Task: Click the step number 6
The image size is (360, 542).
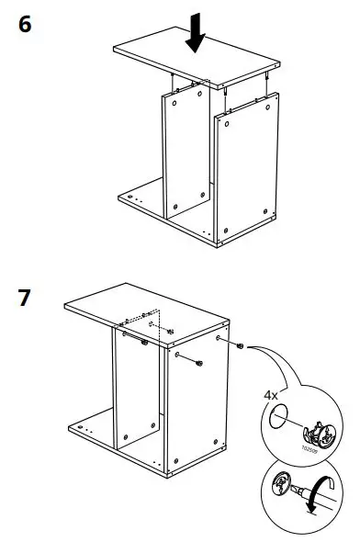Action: pyautogui.click(x=25, y=25)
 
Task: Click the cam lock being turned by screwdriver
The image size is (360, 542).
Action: pyautogui.click(x=282, y=484)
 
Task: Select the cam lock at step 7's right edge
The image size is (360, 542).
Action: pyautogui.click(x=239, y=347)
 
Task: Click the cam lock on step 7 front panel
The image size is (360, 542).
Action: pyautogui.click(x=199, y=365)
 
